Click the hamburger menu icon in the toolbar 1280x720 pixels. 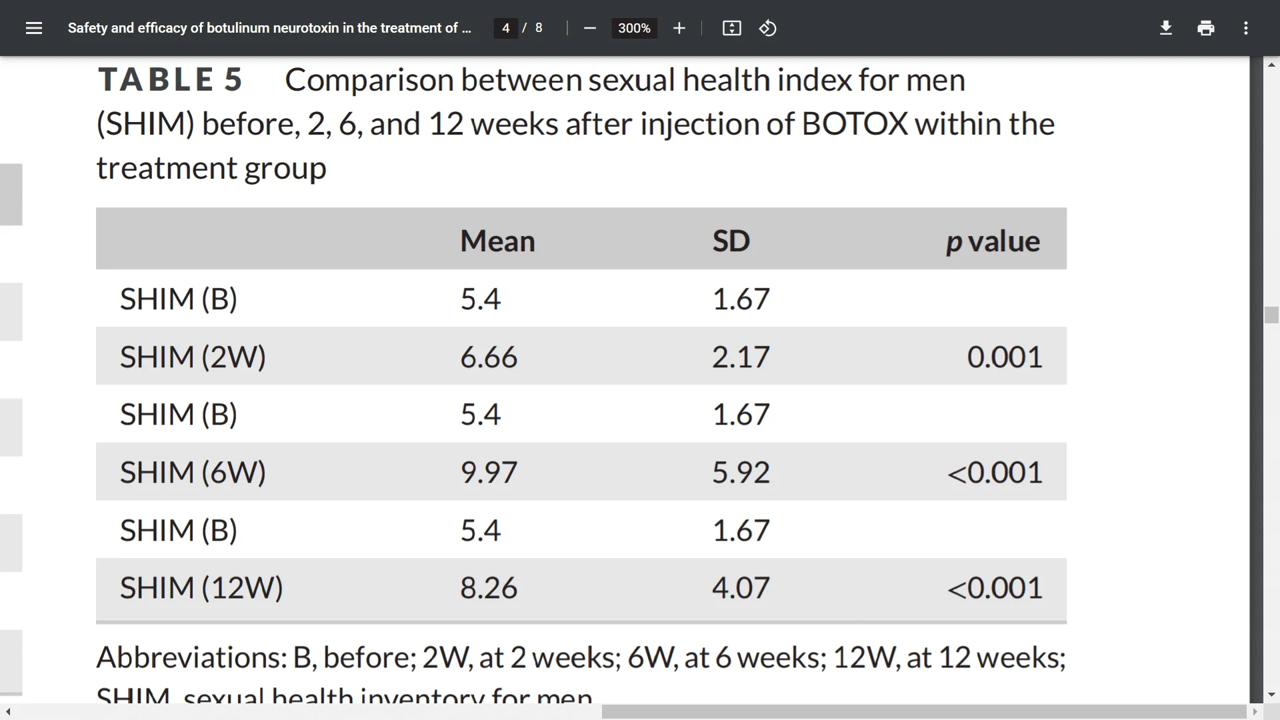33,28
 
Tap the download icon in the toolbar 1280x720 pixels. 1166,28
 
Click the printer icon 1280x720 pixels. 1206,28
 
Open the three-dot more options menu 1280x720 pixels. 1246,28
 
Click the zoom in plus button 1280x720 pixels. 679,28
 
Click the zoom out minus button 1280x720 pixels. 589,28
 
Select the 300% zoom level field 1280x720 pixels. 634,28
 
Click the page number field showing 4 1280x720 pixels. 506,28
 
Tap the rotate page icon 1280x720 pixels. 768,28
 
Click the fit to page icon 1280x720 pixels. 731,28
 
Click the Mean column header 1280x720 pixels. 497,241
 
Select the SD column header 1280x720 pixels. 731,241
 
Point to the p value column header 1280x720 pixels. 993,241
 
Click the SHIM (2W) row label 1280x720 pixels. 193,357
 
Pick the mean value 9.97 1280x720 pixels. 489,473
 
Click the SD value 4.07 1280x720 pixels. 741,588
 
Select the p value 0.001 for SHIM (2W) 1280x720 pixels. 1005,357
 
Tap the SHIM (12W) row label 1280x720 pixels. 201,588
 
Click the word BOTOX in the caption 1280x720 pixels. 855,124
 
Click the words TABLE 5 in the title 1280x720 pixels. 171,80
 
